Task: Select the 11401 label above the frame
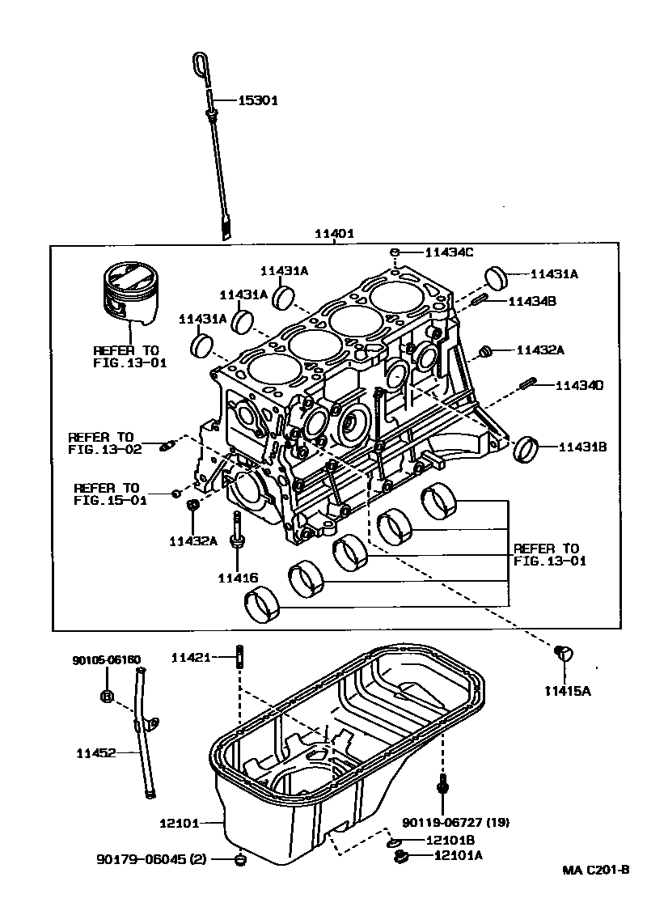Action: [x=335, y=234]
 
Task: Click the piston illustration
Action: [x=129, y=294]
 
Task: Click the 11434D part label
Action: [x=579, y=386]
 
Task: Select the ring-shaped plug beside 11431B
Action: [x=528, y=447]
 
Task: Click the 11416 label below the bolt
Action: [x=238, y=578]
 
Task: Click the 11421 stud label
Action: [x=191, y=658]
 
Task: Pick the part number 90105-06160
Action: [x=107, y=659]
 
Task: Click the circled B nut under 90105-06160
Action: [x=107, y=696]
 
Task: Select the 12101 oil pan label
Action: [x=179, y=824]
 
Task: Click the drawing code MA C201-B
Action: [x=596, y=871]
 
